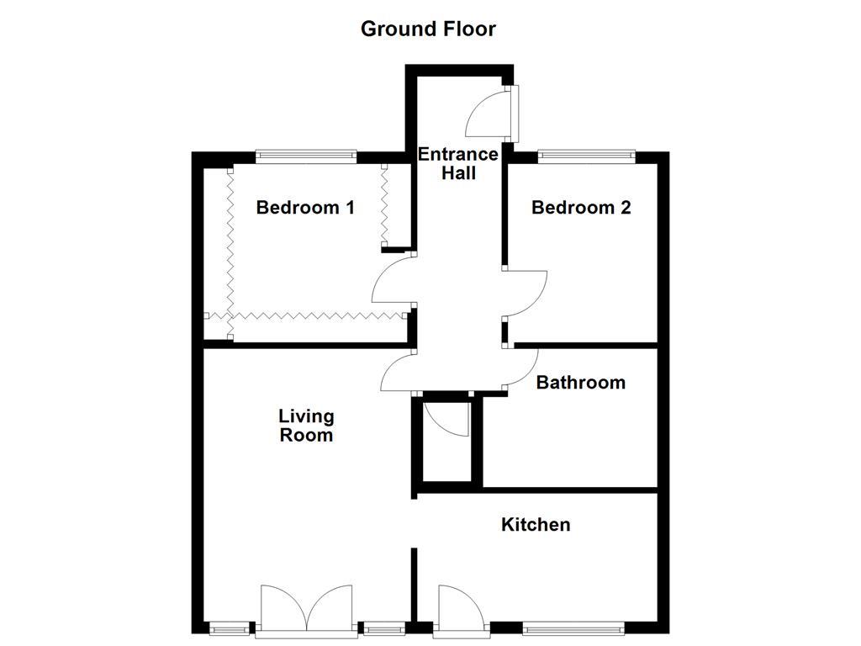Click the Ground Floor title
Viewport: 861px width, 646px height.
tap(428, 29)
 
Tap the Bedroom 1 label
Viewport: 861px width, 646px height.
tap(305, 207)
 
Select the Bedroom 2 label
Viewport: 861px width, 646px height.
tap(581, 207)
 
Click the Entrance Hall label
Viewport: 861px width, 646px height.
tap(458, 164)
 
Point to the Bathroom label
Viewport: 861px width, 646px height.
tap(580, 383)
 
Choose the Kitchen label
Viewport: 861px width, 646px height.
tap(536, 525)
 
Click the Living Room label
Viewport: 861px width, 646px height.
tap(306, 426)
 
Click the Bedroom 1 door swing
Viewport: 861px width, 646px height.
tap(392, 281)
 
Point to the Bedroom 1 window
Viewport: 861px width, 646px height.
tap(305, 156)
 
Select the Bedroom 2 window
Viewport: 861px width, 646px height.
tap(585, 156)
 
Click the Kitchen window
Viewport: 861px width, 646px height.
tap(573, 627)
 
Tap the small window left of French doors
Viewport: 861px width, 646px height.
tap(230, 627)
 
